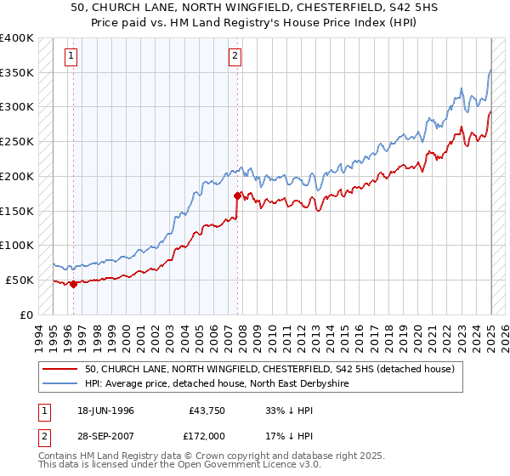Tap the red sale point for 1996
(x=73, y=285)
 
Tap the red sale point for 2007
(x=237, y=195)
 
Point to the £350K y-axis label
(x=17, y=73)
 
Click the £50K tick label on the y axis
(x=20, y=280)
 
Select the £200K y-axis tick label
(x=17, y=176)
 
